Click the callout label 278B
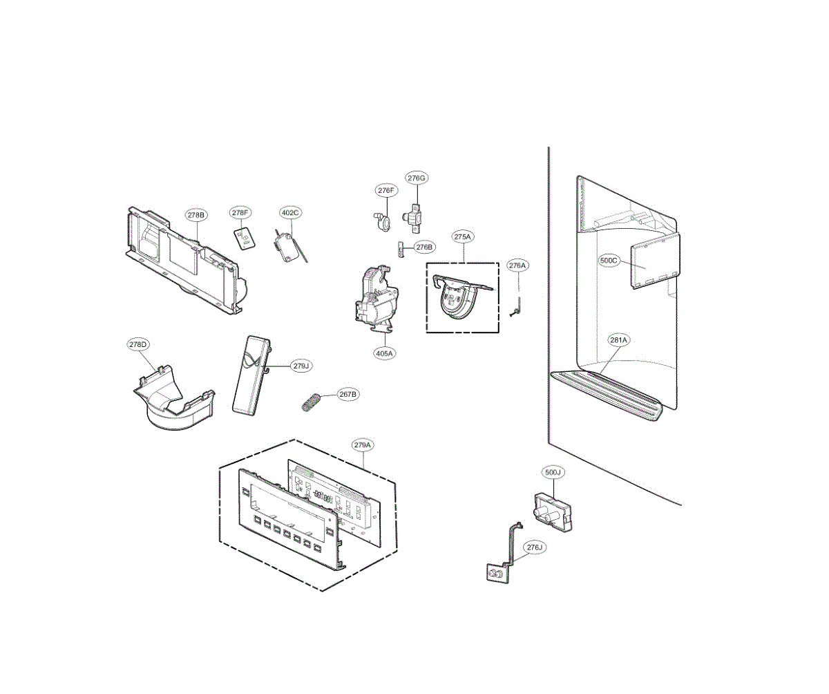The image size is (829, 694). point(197,215)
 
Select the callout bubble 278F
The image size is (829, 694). point(240,213)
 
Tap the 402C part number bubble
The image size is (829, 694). point(290,213)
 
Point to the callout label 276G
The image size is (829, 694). point(417,178)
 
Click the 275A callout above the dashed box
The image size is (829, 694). point(462,236)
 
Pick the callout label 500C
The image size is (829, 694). point(611,261)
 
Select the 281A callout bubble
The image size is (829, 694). point(618,340)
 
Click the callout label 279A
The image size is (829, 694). point(363,445)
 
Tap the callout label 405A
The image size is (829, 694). point(385,353)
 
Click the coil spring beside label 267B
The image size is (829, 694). point(313,401)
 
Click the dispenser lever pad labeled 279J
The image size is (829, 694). point(249,376)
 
